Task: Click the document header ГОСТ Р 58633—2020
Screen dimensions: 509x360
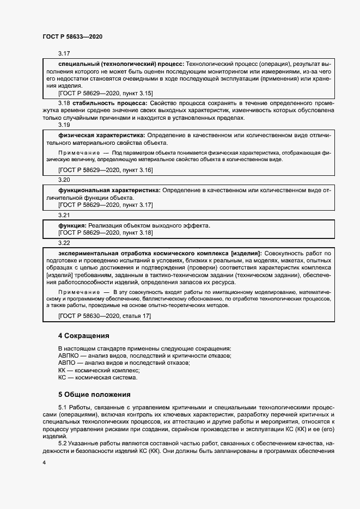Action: click(x=72, y=37)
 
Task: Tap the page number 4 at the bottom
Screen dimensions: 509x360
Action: click(x=44, y=462)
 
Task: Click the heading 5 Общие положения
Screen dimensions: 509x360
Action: click(x=95, y=394)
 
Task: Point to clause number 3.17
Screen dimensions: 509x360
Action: click(x=64, y=54)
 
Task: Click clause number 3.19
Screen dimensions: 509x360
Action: click(x=64, y=124)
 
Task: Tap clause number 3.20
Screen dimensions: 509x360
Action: click(x=64, y=180)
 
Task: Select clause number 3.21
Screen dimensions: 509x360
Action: click(x=64, y=215)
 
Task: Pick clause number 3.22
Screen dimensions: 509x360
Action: click(x=64, y=243)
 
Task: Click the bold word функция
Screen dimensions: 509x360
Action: click(x=72, y=225)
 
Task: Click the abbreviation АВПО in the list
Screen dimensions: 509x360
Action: click(x=68, y=363)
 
